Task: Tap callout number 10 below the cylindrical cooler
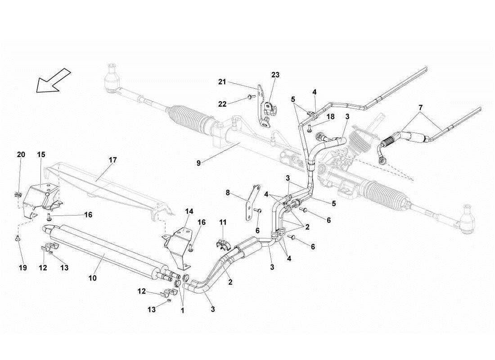[92, 279]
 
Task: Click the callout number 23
[275, 75]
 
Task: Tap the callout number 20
[21, 154]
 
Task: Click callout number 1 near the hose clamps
[183, 310]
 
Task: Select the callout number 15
[41, 154]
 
